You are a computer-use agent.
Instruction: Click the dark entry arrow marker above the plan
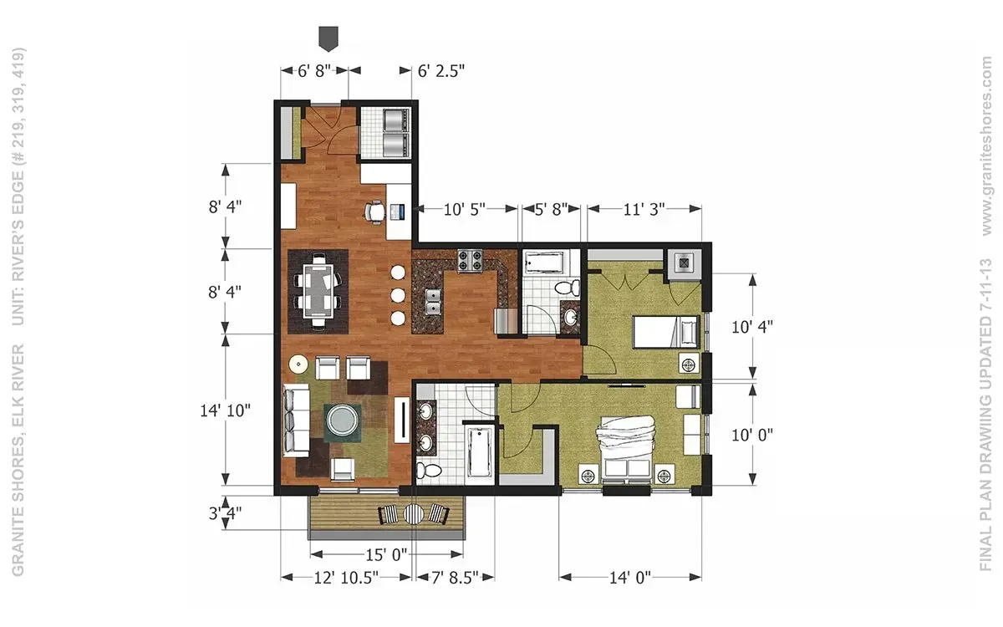(x=328, y=38)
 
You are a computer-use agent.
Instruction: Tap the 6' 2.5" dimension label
(x=441, y=71)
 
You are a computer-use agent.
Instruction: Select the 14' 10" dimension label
(x=225, y=410)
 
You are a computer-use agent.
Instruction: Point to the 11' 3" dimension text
(x=644, y=209)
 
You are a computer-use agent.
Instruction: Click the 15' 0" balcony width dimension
(x=386, y=555)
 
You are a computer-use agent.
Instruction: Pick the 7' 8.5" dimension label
(x=455, y=578)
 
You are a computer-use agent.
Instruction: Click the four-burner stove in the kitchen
(x=470, y=261)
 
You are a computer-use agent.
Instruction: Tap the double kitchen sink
(x=433, y=302)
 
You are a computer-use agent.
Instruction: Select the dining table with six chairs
(x=318, y=291)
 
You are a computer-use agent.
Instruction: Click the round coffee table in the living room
(x=343, y=421)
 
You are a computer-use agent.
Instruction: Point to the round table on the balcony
(x=413, y=513)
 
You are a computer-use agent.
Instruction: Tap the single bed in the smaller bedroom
(x=666, y=332)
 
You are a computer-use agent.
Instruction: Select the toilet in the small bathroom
(x=568, y=288)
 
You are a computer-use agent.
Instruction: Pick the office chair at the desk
(x=374, y=212)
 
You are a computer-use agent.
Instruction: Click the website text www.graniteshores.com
(x=987, y=146)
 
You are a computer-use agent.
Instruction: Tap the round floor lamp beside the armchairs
(x=298, y=364)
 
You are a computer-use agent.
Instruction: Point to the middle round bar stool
(x=398, y=295)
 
